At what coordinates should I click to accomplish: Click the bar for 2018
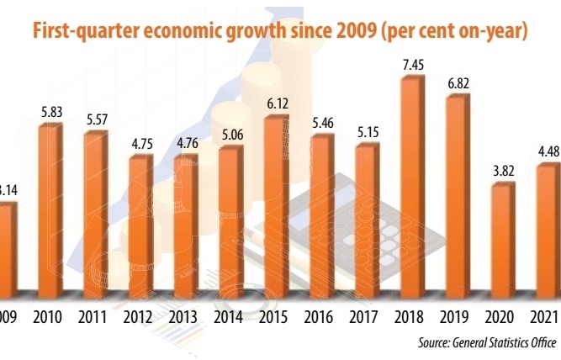click(x=411, y=185)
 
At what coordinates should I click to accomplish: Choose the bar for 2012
click(x=140, y=223)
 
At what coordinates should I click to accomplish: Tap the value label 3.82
click(x=503, y=171)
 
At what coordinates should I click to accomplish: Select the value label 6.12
click(x=277, y=103)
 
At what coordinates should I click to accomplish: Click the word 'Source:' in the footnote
click(x=436, y=343)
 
